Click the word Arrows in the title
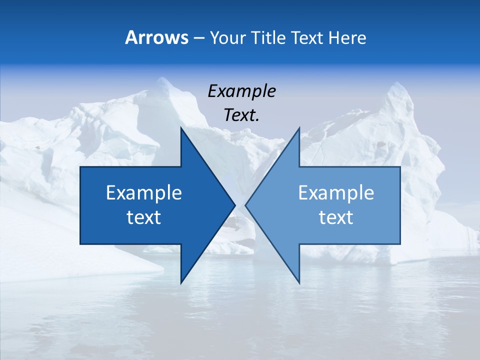[x=156, y=37]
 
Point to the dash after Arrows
[x=198, y=38]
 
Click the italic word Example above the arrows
[x=241, y=91]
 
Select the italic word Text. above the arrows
[x=241, y=115]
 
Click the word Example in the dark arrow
[x=144, y=193]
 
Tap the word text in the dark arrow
[x=144, y=217]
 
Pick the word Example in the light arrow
[x=336, y=193]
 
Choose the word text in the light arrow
[x=336, y=217]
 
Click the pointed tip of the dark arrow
[x=235, y=205]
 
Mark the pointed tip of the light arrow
[x=245, y=205]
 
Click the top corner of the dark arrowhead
[x=181, y=128]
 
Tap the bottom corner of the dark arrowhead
[x=181, y=283]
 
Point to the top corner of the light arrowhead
[x=299, y=128]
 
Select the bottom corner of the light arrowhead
[x=299, y=283]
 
